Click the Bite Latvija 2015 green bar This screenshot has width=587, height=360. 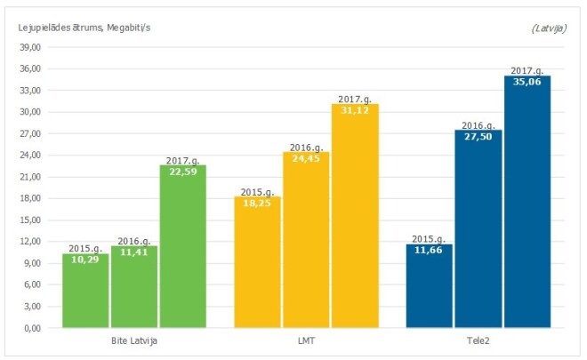[x=85, y=293]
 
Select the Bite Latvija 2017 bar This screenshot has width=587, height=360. [x=182, y=249]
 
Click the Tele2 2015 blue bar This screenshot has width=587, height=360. [x=430, y=289]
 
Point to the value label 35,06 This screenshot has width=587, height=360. [x=527, y=82]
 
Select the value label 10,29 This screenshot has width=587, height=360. [x=85, y=259]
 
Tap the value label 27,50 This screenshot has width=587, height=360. [x=478, y=136]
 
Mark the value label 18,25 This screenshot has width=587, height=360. [x=257, y=203]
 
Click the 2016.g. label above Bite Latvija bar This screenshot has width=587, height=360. [x=134, y=241]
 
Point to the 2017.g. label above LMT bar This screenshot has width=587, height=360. [x=354, y=99]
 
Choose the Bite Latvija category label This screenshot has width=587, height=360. [x=133, y=340]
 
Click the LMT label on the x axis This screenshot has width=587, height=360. [x=305, y=340]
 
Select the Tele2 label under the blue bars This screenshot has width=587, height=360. [x=478, y=340]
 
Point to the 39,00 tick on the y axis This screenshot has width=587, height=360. [x=31, y=47]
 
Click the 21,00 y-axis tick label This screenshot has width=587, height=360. [x=31, y=177]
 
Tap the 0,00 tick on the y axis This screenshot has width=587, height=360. [x=34, y=328]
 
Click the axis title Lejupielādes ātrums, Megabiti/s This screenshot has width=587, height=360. [x=84, y=28]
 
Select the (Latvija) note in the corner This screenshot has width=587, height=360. [x=550, y=28]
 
